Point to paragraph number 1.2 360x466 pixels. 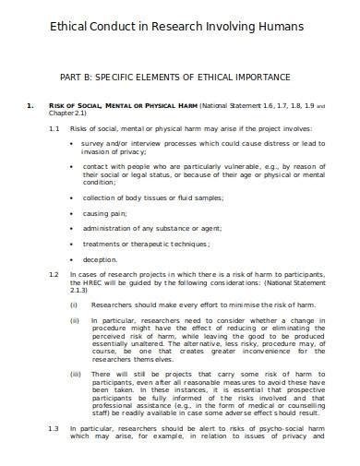pos(54,276)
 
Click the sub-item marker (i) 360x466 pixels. pos(74,303)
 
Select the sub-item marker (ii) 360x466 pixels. pos(75,320)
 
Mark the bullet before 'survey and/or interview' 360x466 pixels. pos(73,145)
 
